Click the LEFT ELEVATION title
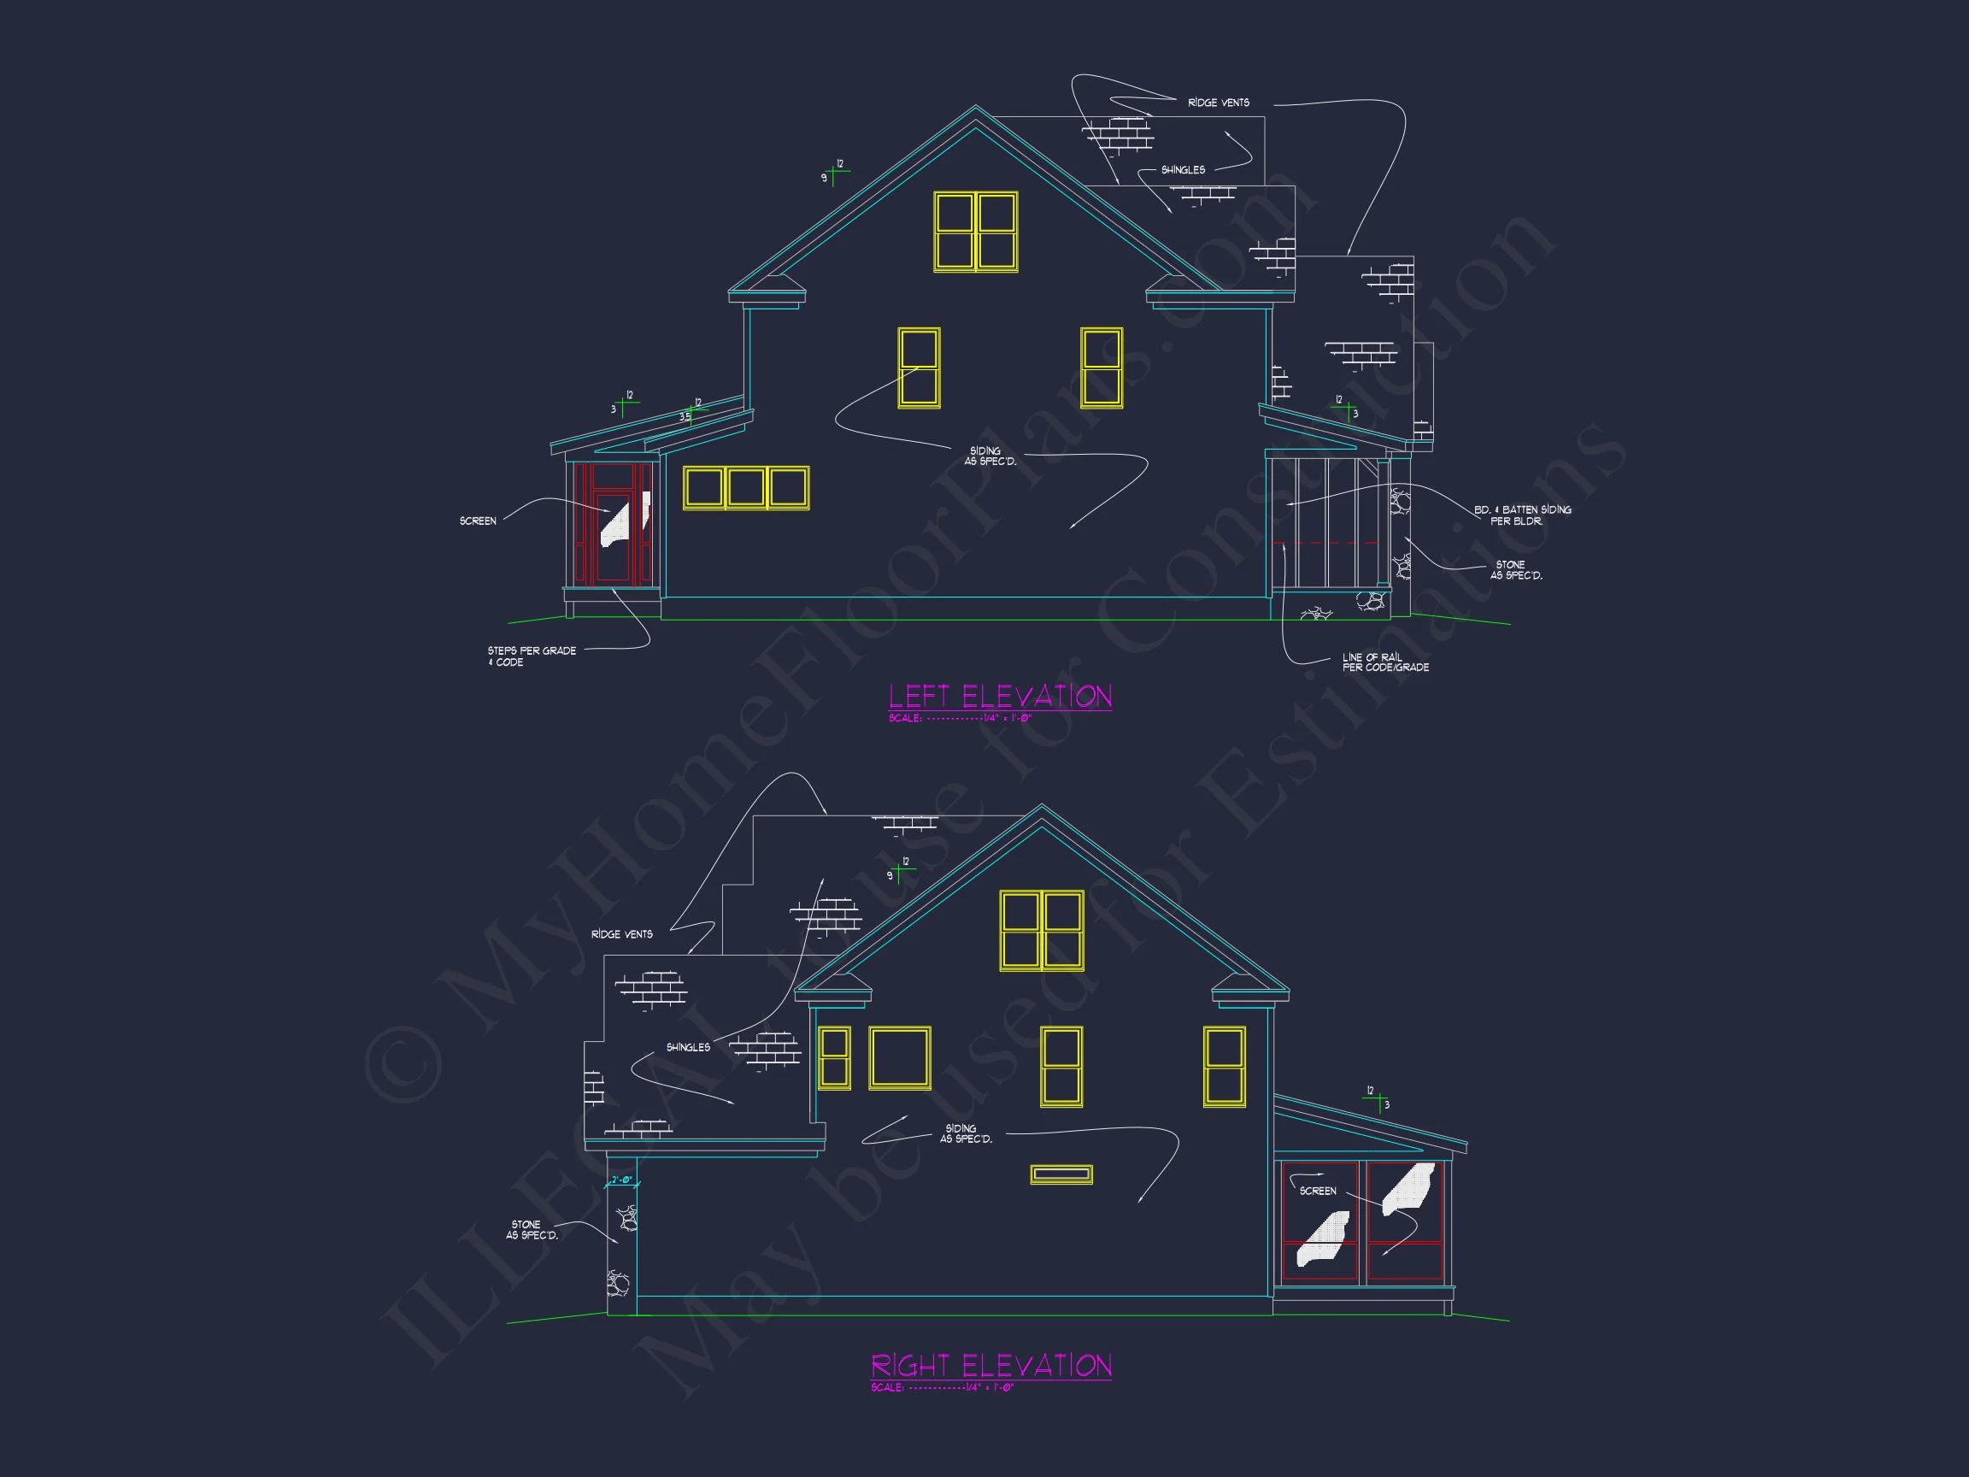(x=1000, y=697)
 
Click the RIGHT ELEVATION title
(x=990, y=1365)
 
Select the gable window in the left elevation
(x=976, y=232)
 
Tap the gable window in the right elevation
(x=1042, y=929)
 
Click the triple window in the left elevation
(x=746, y=488)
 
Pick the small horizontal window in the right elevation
(x=1061, y=1174)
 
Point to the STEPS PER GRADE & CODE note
(x=532, y=656)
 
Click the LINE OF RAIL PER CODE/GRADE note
(x=1385, y=662)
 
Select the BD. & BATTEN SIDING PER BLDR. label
(x=1522, y=515)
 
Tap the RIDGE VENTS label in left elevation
(x=1218, y=103)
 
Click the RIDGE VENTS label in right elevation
(x=621, y=935)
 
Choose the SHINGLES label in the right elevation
(x=688, y=1048)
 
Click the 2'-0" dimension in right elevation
(x=621, y=1180)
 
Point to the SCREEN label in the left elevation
(x=478, y=521)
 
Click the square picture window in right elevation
(x=900, y=1057)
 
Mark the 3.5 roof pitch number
(x=685, y=416)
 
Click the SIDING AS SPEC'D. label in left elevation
(x=989, y=456)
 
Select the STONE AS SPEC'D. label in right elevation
(x=532, y=1229)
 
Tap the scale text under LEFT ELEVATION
(x=960, y=719)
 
